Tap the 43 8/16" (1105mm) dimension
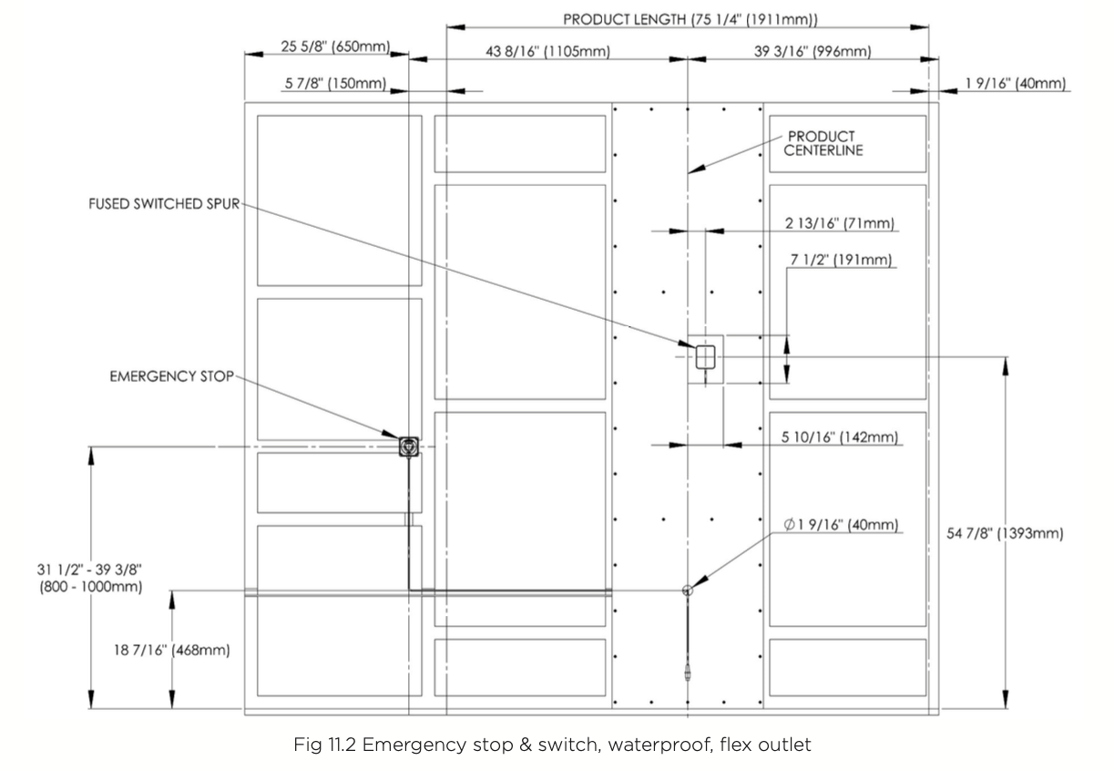pyautogui.click(x=547, y=52)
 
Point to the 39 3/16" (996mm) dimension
pyautogui.click(x=813, y=52)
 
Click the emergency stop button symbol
pyautogui.click(x=409, y=446)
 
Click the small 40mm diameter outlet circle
pyautogui.click(x=688, y=591)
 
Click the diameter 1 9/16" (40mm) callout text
pyautogui.click(x=841, y=524)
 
